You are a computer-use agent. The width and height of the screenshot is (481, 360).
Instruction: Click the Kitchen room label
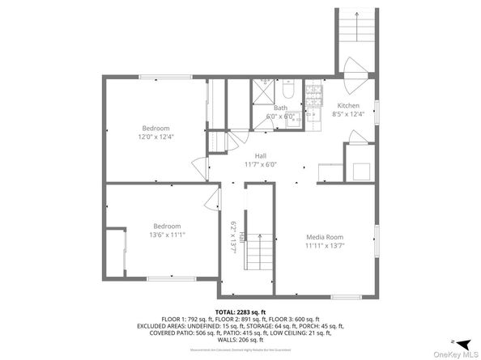coord(349,106)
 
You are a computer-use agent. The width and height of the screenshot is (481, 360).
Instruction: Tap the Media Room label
coord(325,236)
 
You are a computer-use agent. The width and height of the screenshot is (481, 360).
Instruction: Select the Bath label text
coord(280,108)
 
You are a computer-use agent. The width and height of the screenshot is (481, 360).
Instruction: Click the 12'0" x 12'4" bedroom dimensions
coord(157,137)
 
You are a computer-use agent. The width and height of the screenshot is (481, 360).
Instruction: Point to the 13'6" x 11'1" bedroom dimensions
coord(168,234)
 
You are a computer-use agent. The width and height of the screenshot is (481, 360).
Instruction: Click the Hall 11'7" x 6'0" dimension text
coord(261,164)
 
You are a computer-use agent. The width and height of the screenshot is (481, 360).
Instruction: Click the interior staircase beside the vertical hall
coord(259,253)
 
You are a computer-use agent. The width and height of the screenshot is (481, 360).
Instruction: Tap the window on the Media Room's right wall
coord(376,242)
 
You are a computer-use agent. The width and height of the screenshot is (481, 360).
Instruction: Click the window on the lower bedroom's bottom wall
coord(170,279)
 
